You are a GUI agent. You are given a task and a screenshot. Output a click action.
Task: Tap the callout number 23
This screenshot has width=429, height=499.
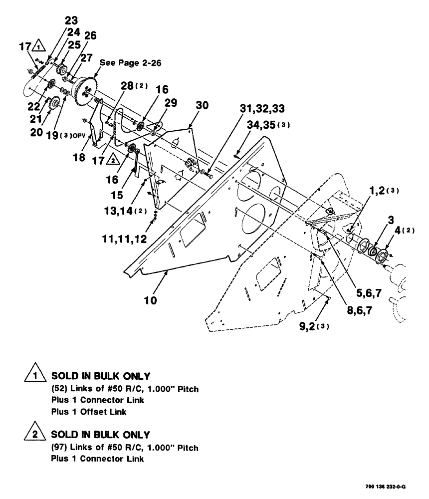[71, 21]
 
